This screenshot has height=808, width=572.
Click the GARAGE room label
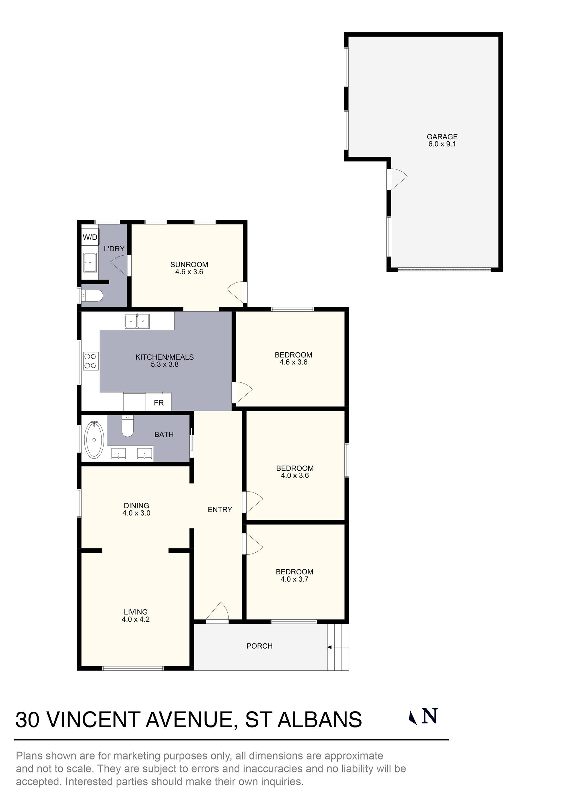pyautogui.click(x=442, y=137)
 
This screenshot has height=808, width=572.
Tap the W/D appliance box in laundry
pyautogui.click(x=90, y=237)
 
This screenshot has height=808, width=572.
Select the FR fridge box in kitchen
pyautogui.click(x=159, y=403)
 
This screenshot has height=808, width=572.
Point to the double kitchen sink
pyautogui.click(x=137, y=321)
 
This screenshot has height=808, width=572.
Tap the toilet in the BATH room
pyautogui.click(x=127, y=426)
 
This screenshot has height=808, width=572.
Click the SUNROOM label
pyautogui.click(x=189, y=265)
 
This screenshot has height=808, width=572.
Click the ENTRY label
pyautogui.click(x=220, y=510)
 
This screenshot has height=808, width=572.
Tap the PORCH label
pyautogui.click(x=259, y=646)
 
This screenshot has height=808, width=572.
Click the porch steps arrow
pyautogui.click(x=338, y=647)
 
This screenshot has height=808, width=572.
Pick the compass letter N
pyautogui.click(x=430, y=716)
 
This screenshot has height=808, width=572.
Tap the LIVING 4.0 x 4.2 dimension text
pyautogui.click(x=136, y=619)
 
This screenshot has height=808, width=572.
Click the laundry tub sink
pyautogui.click(x=90, y=262)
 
